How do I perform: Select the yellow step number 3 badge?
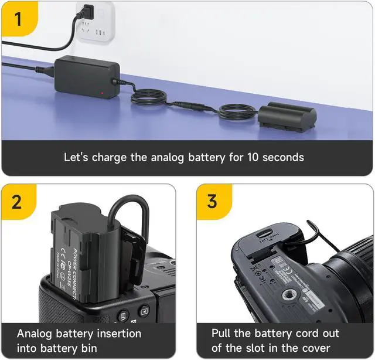click(212, 202)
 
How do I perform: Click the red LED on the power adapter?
click(103, 93)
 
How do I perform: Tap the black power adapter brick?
click(84, 76)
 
